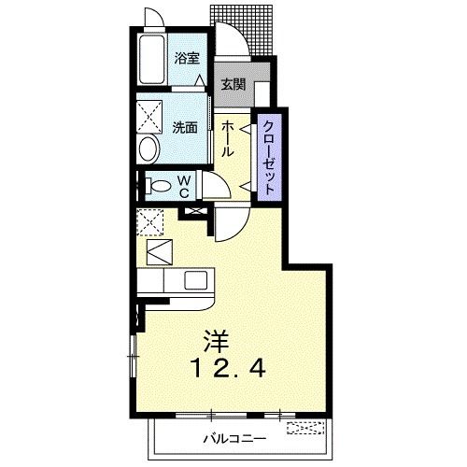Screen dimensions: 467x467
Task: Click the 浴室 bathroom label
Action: tap(187, 58)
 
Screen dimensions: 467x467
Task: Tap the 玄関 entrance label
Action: tap(233, 84)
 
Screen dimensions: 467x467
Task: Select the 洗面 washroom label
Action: tap(185, 127)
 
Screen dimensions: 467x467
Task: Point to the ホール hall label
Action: tap(228, 138)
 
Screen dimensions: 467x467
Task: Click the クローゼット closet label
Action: tap(269, 157)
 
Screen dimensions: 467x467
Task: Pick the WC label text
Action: tap(184, 187)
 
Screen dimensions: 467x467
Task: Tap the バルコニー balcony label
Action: tap(235, 439)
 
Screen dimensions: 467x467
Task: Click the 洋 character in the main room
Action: tap(216, 342)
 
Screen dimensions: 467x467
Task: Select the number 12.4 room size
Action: tap(230, 369)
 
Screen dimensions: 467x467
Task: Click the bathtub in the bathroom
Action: tap(151, 59)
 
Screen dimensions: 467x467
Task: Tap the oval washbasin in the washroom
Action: tap(149, 149)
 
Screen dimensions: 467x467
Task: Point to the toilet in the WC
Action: tap(158, 186)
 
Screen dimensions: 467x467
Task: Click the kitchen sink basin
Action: tap(195, 280)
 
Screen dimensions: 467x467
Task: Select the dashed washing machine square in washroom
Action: tap(149, 117)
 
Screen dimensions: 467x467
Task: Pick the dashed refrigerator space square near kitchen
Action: tap(150, 222)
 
